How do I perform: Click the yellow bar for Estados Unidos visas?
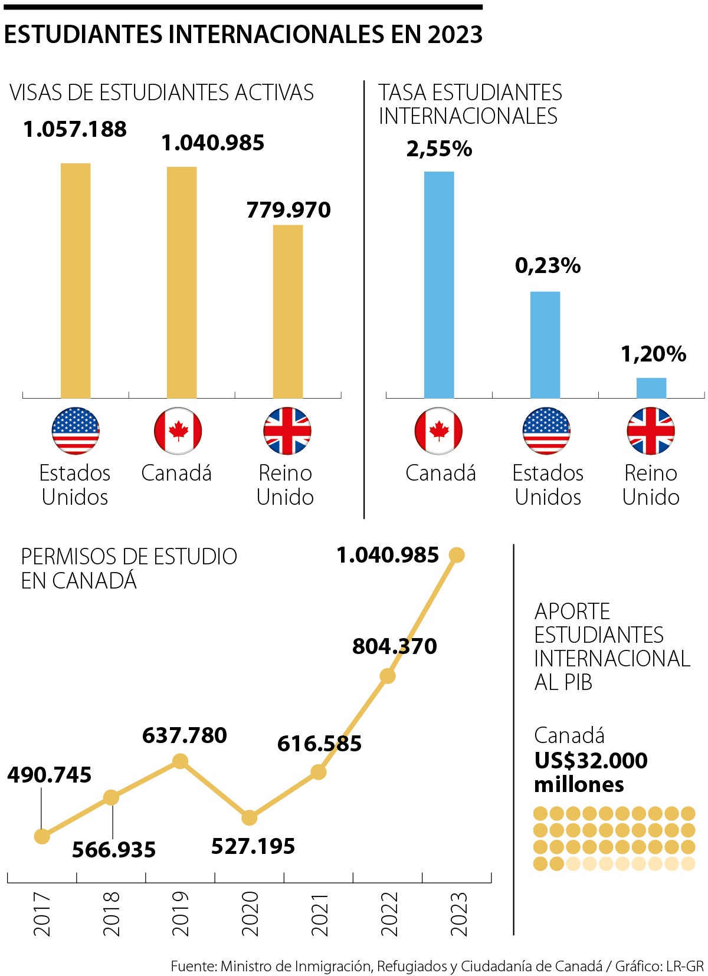76,280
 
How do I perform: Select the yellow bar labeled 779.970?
288,311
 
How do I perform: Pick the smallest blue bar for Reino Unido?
651,388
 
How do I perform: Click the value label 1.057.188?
75,129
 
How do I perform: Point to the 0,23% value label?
548,265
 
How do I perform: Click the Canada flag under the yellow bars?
178,431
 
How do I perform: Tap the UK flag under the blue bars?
651,431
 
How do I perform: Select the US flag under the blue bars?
547,431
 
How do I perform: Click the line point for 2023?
457,555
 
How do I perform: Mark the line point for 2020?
250,818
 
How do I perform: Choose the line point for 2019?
181,762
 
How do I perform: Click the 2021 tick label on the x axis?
319,913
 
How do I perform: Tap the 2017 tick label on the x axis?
42,913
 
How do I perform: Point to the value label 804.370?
394,646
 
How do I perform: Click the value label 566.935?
114,850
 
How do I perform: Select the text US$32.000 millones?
590,772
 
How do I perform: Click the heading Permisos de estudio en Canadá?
129,568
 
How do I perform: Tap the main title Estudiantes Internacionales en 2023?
243,35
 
